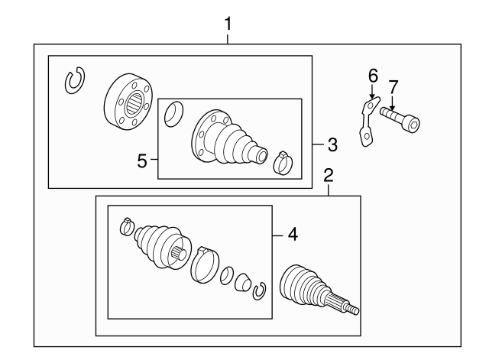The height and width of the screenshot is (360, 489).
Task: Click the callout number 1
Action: click(x=227, y=24)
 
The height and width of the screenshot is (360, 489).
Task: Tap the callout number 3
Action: click(x=332, y=143)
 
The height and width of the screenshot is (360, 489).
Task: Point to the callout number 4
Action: click(x=293, y=235)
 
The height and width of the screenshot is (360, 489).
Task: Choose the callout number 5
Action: click(x=142, y=161)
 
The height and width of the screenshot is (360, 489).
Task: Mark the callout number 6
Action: click(x=373, y=76)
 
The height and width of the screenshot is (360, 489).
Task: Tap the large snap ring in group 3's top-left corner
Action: click(x=76, y=80)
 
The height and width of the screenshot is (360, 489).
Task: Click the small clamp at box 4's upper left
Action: click(x=128, y=226)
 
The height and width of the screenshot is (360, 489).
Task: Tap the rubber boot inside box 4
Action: click(x=157, y=245)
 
